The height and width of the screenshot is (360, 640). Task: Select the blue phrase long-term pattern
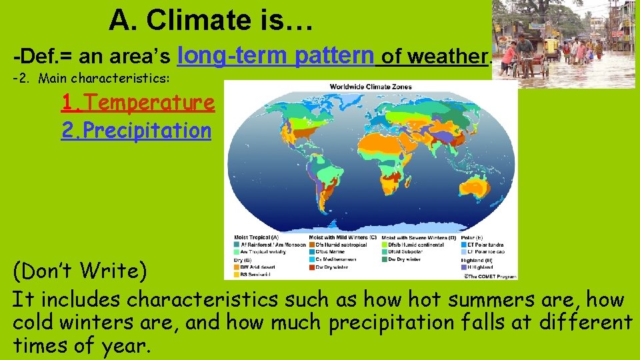[x=276, y=55]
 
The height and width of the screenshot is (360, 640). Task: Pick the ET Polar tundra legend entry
[x=483, y=245]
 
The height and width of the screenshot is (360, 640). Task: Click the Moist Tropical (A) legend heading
[x=256, y=237]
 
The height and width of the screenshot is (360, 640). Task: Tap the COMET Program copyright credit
[x=490, y=275]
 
